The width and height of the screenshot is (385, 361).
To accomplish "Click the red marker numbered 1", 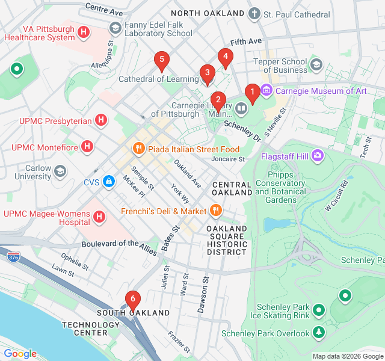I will (253, 92).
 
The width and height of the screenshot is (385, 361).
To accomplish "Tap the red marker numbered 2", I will (217, 99).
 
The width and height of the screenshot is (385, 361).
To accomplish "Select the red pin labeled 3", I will (207, 74).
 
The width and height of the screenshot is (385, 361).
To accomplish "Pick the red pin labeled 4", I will (225, 58).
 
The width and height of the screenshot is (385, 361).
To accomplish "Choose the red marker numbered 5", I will (161, 60).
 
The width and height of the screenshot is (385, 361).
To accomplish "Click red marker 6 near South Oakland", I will (132, 299).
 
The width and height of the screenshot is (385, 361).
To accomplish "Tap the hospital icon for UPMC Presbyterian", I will (102, 120).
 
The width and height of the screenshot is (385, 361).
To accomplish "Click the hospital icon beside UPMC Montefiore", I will (88, 146).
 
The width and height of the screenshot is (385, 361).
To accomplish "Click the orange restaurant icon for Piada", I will (138, 149).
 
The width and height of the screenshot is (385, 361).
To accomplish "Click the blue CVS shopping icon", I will (108, 181).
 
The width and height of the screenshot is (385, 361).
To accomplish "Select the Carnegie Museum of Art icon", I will (266, 91).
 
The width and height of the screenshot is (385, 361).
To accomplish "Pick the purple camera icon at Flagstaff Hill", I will (318, 156).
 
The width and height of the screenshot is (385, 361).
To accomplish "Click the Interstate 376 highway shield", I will (13, 257).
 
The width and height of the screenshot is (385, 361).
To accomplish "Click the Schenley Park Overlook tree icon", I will (318, 333).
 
